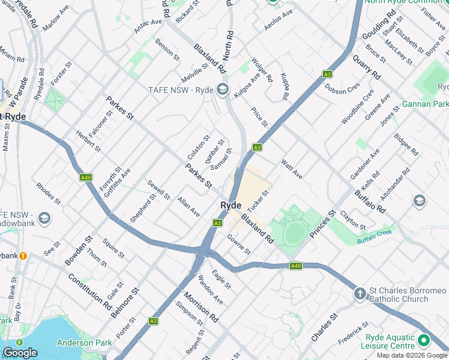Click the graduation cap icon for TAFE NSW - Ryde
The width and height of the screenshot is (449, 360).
point(223,91)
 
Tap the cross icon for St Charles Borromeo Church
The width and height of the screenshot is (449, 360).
point(360,293)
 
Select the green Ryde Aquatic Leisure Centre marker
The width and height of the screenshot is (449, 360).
point(424,341)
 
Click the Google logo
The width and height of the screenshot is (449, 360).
point(20,353)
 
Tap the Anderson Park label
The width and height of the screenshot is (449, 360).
point(85,343)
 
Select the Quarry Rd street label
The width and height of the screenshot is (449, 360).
point(366,67)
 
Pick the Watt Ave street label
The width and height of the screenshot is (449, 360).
point(292,169)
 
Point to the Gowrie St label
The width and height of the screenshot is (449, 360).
point(238,244)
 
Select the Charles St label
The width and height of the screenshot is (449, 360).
point(325,327)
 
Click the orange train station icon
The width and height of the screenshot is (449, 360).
point(23,256)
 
